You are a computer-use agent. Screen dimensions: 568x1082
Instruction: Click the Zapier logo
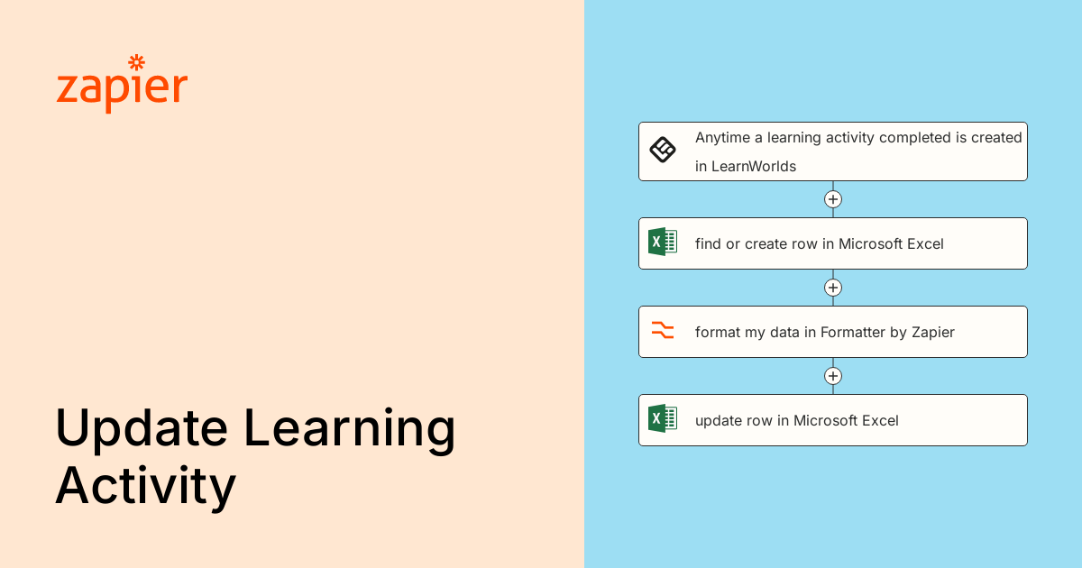coord(122,86)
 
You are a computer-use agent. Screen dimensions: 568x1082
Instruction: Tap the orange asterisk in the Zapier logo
coord(136,62)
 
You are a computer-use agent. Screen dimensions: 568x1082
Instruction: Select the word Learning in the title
coord(350,430)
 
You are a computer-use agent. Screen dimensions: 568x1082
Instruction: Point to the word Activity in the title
coord(145,487)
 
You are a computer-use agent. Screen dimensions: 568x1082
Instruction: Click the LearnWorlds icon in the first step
coord(663,150)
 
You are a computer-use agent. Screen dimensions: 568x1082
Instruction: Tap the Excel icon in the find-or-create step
coord(663,242)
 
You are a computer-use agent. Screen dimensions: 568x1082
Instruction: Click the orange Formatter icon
coord(663,330)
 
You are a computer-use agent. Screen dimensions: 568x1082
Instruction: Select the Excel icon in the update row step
coord(663,418)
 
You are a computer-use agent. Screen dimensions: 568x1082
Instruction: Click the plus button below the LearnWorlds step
coord(833,199)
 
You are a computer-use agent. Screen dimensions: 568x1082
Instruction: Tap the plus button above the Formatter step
coord(833,288)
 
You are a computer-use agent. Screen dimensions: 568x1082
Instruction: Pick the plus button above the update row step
coord(833,376)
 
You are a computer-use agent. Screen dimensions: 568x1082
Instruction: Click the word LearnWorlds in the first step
coord(754,166)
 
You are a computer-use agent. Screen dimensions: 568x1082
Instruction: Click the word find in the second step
coord(708,243)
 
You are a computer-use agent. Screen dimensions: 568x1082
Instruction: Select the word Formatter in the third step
coord(853,332)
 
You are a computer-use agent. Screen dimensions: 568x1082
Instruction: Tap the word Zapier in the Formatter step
coord(932,332)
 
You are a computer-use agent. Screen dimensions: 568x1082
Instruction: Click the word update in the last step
coord(717,420)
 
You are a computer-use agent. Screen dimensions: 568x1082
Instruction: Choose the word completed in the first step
coord(912,138)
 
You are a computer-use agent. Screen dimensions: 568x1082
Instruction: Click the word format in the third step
coord(718,332)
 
